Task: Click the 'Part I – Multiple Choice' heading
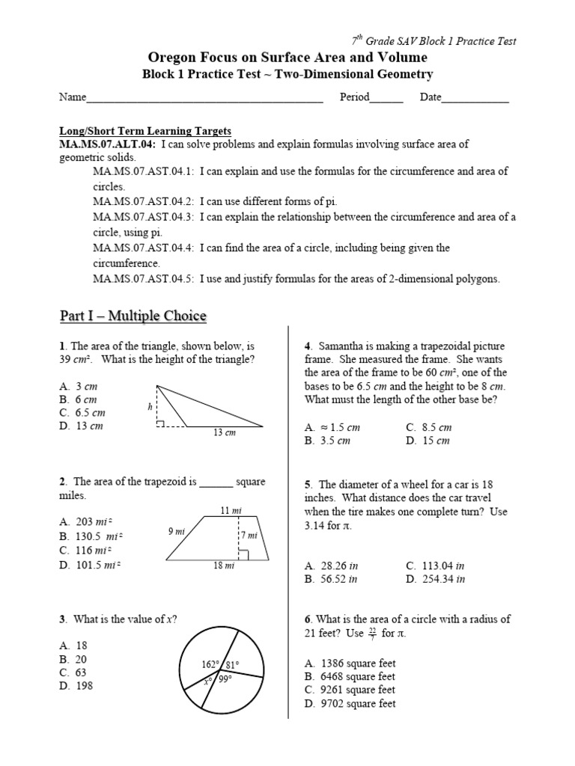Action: coord(133,316)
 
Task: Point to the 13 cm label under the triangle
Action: coord(224,433)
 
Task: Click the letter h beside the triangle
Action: coord(150,406)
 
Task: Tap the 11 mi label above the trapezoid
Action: coord(231,510)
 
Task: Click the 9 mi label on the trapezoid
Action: coord(177,531)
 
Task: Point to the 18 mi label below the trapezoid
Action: coord(225,566)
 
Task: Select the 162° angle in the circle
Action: coord(211,665)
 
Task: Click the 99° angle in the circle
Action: coord(225,678)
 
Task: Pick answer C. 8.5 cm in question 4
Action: coord(429,427)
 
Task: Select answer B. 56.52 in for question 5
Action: coord(332,578)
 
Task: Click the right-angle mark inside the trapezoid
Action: coord(243,554)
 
